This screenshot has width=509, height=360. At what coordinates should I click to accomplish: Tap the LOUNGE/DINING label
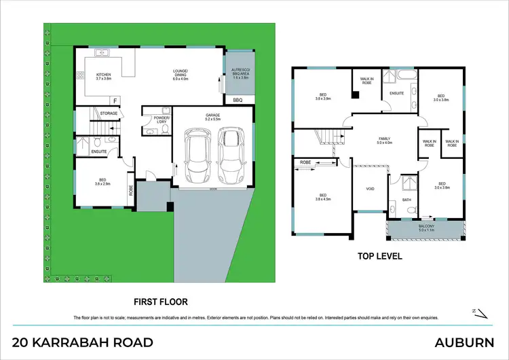pos(180,75)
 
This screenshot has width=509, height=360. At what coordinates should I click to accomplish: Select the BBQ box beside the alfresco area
pos(238,101)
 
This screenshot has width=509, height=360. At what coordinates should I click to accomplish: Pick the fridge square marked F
pos(115,101)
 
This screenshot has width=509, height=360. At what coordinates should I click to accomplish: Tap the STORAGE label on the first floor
pos(109,113)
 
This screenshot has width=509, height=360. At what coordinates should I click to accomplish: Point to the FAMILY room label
pos(385,141)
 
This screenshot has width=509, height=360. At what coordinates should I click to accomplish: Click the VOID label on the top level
pos(370,190)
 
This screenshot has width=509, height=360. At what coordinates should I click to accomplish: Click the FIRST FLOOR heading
pos(160,301)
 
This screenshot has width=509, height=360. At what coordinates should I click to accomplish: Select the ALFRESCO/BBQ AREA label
pos(238,75)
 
